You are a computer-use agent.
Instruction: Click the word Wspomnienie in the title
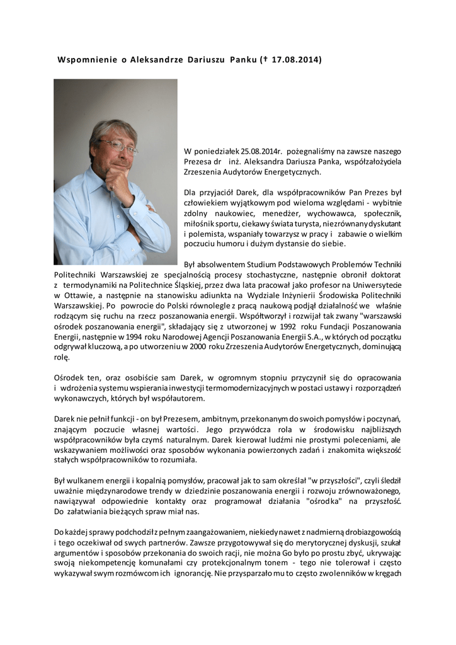point(88,60)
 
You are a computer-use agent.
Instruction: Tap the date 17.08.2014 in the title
point(295,60)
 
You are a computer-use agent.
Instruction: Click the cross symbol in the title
point(265,60)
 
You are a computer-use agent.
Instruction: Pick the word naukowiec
point(221,213)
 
